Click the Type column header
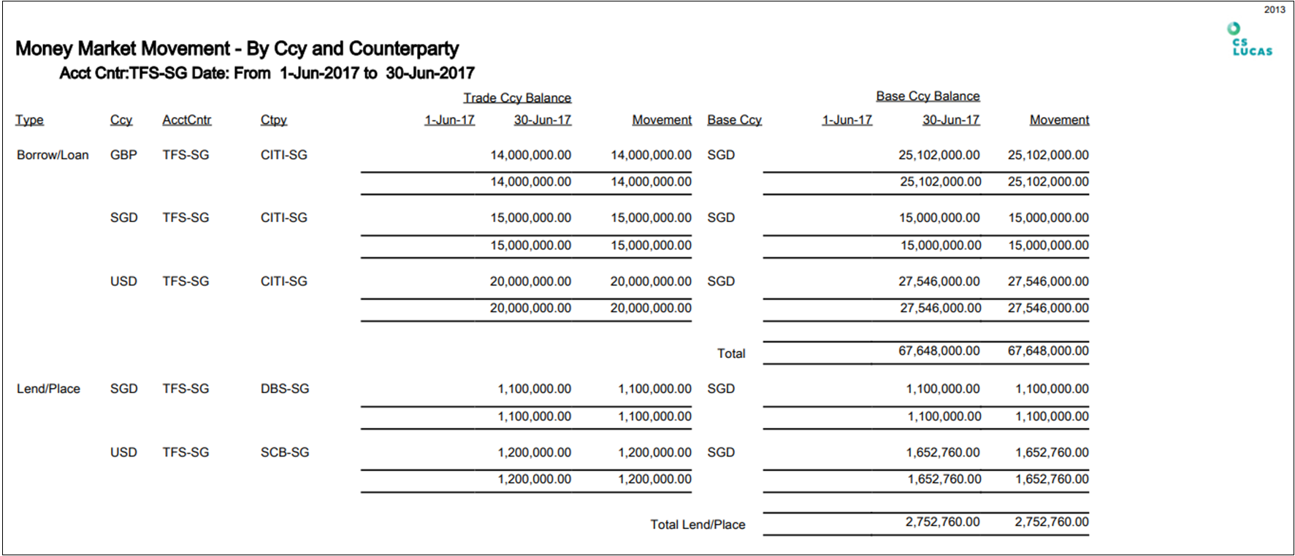tap(29, 120)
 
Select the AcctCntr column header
tap(186, 120)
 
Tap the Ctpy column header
tap(273, 120)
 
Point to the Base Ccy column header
tap(734, 120)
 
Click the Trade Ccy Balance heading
tap(517, 98)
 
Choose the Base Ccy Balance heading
tap(928, 96)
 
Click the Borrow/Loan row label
tap(53, 155)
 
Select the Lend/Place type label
tap(48, 389)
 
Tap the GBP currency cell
tap(123, 155)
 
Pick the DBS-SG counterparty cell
tap(285, 389)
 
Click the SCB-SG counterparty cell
tap(285, 452)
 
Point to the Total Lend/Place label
tap(698, 525)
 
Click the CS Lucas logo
tap(1251, 40)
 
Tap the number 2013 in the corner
tap(1275, 9)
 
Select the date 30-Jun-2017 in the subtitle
tap(430, 73)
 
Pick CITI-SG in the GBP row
tap(283, 155)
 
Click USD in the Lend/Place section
tap(123, 452)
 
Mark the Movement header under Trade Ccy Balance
tap(662, 120)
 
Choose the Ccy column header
tap(121, 120)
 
